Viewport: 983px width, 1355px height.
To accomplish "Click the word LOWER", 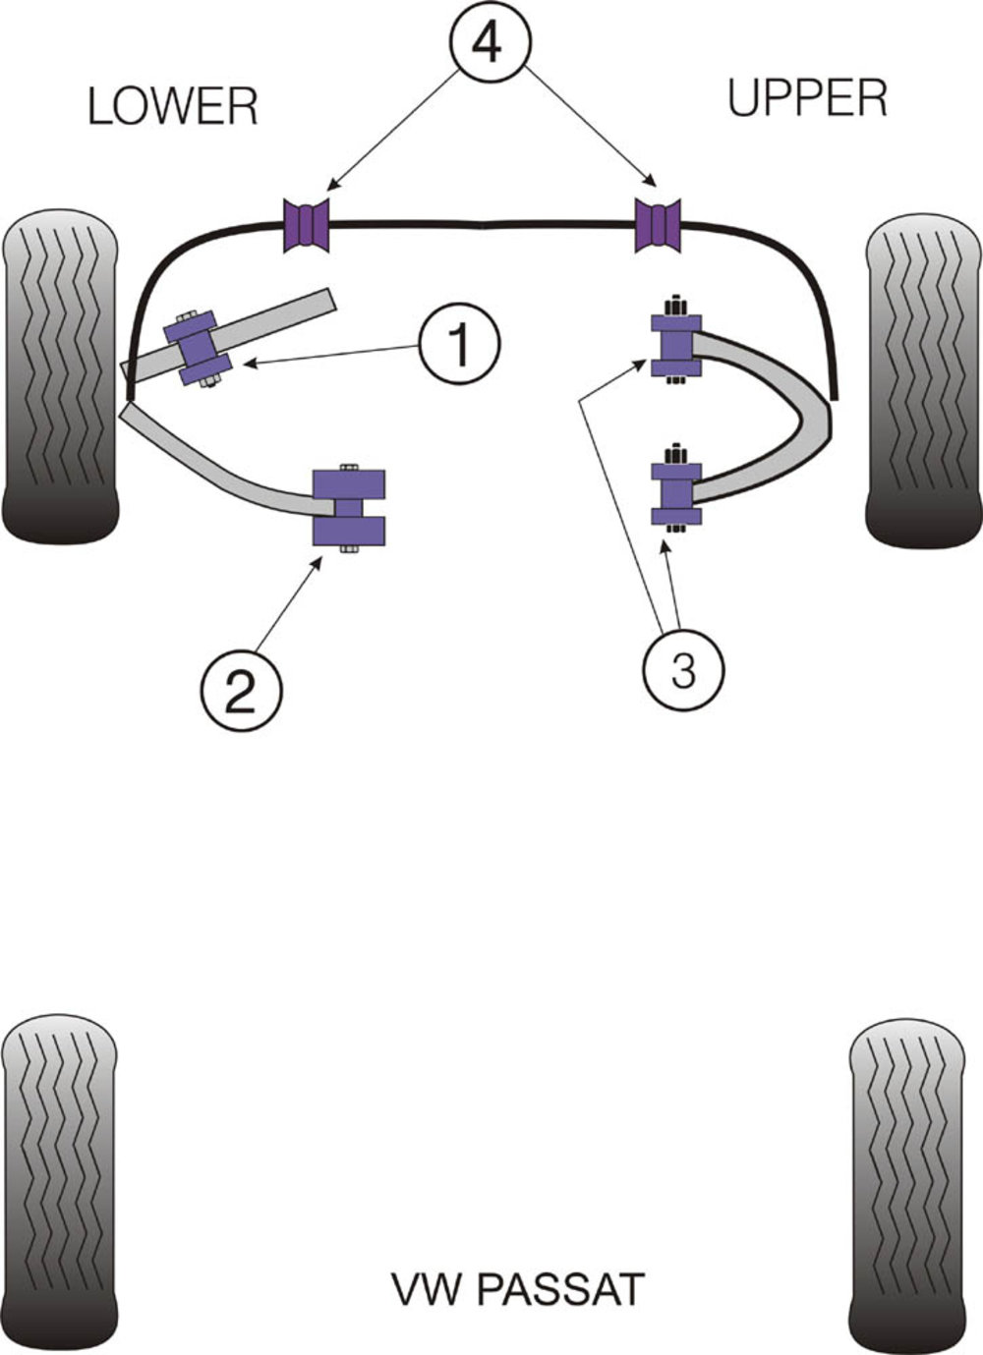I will point(173,106).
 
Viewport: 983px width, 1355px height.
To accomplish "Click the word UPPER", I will point(807,98).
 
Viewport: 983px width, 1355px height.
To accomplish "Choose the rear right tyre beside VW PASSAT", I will point(904,1179).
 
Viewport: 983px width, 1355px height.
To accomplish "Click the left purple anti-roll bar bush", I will point(307,225).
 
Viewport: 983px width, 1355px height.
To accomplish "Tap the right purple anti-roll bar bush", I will point(658,225).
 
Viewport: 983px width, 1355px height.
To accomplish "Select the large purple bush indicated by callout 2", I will point(349,507).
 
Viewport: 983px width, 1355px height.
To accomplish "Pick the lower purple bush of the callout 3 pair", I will point(675,490).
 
